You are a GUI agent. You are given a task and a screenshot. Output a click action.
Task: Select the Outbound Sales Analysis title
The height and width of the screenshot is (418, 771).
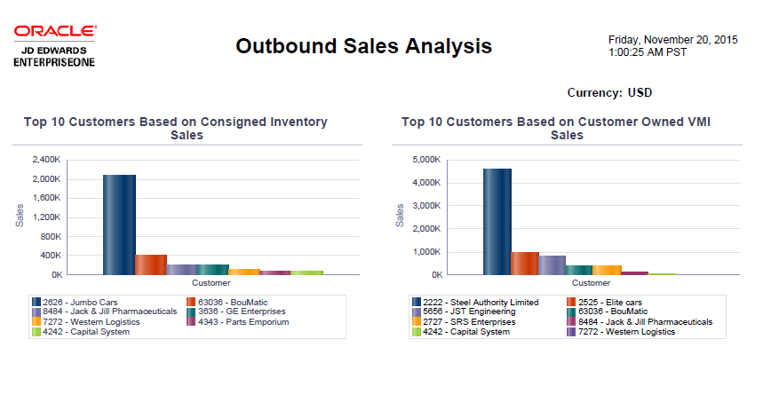tap(363, 46)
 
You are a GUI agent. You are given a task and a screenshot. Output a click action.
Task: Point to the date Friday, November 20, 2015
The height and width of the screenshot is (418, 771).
tap(672, 40)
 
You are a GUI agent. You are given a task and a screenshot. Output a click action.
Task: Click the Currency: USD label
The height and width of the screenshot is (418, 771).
tap(609, 92)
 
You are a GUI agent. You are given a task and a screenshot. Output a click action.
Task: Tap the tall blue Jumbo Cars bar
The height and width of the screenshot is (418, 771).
tap(119, 225)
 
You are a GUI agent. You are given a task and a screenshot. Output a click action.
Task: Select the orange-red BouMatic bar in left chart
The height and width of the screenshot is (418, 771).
tap(151, 264)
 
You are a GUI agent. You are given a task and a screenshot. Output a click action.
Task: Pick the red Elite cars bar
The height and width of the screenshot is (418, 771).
tap(525, 264)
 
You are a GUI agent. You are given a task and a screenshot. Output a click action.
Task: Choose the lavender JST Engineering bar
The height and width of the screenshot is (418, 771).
tap(552, 265)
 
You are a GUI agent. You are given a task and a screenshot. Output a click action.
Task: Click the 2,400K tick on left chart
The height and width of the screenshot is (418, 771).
tap(46, 160)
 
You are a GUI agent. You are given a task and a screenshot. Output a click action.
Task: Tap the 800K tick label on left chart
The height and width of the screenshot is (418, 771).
tap(49, 236)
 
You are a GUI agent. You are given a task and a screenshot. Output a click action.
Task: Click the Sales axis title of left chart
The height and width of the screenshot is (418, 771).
tap(19, 217)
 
